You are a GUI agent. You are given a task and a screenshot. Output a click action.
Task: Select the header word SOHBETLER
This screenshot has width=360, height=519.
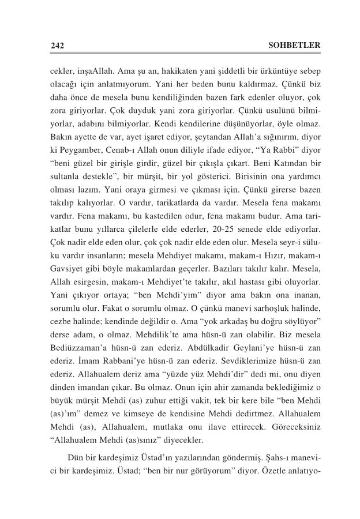pos(294,45)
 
